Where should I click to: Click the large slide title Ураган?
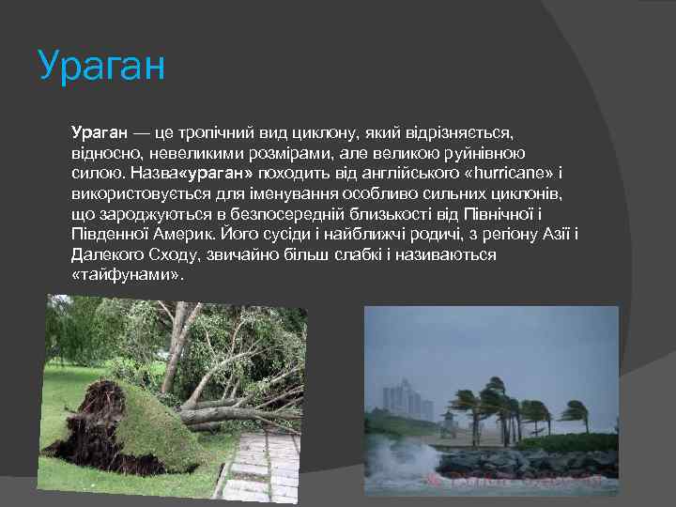pos(101,68)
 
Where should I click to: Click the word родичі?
pos(433,235)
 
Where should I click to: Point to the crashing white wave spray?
pos(413,460)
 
